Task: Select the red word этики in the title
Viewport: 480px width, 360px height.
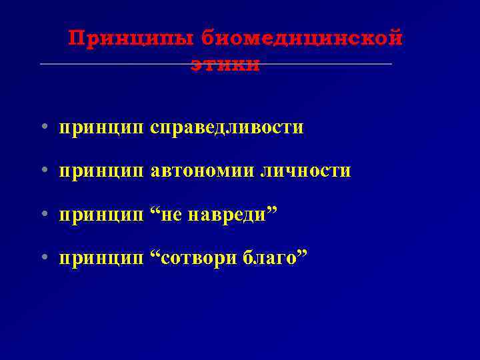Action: click(225, 65)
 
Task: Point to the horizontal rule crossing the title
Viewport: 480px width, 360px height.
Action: click(100, 64)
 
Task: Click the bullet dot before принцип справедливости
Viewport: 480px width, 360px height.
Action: click(43, 127)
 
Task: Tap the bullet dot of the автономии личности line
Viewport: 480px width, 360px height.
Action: click(43, 171)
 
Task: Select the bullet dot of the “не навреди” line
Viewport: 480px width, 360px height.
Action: click(43, 215)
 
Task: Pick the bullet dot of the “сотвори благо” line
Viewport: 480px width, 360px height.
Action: click(43, 258)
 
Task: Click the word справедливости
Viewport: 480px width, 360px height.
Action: click(227, 127)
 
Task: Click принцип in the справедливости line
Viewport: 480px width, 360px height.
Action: click(101, 127)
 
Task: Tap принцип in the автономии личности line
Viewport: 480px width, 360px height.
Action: click(101, 171)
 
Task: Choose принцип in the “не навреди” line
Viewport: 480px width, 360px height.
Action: click(101, 215)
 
